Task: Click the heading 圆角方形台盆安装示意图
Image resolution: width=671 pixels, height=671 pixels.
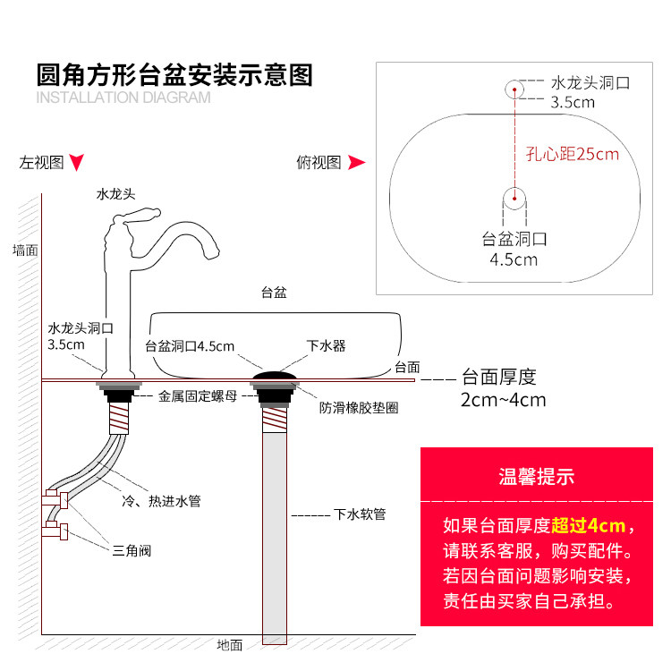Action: pyautogui.click(x=174, y=74)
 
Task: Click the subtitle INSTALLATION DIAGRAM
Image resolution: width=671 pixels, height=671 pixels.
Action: pyautogui.click(x=123, y=98)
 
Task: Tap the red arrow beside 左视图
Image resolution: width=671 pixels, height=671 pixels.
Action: pyautogui.click(x=78, y=163)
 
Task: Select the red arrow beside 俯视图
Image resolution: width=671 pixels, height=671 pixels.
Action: pyautogui.click(x=356, y=163)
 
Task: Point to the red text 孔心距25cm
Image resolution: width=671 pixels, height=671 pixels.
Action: pyautogui.click(x=572, y=154)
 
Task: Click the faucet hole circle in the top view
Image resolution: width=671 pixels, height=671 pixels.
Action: pyautogui.click(x=514, y=89)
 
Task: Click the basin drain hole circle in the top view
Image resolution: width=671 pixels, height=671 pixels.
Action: pyautogui.click(x=514, y=197)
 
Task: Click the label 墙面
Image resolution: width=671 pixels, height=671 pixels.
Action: pyautogui.click(x=25, y=250)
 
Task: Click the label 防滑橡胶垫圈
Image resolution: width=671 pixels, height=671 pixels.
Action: pyautogui.click(x=359, y=407)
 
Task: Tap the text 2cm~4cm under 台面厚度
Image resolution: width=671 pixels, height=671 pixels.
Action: pyautogui.click(x=503, y=400)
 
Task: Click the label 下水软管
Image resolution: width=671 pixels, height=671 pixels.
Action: pyautogui.click(x=360, y=514)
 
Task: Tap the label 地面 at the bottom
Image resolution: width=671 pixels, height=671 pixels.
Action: pyautogui.click(x=229, y=644)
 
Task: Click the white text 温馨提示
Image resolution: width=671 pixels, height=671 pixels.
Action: pyautogui.click(x=537, y=478)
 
